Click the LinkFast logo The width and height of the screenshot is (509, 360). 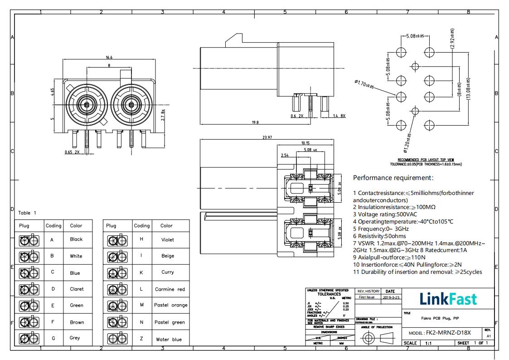pos(448,299)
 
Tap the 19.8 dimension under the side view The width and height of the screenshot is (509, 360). pos(255,122)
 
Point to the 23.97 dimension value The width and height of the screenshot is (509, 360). pos(267,137)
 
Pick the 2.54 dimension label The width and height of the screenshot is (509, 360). pos(285,155)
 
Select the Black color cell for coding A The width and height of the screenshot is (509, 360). pos(76,239)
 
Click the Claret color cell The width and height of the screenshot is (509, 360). pos(76,289)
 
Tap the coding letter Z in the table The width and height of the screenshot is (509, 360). pos(141,339)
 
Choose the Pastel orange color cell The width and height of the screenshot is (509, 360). pos(170,305)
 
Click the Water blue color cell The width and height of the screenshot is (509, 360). pos(169,339)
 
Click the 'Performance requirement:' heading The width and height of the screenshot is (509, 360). pos(393,178)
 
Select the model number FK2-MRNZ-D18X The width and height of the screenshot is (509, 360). pos(448,333)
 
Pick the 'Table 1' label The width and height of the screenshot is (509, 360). pos(27,213)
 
